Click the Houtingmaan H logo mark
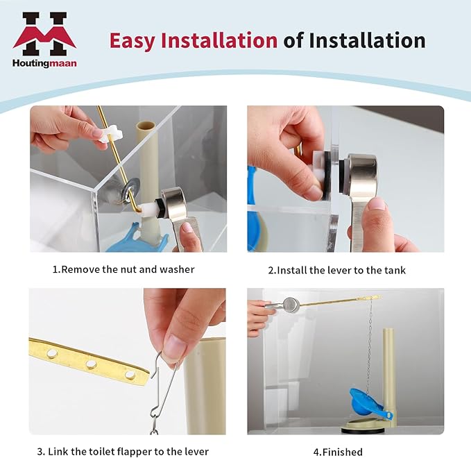coord(44,34)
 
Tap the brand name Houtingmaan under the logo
coord(44,63)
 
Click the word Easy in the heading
coord(132,40)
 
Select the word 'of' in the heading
coord(293,40)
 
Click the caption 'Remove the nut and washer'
coord(128,269)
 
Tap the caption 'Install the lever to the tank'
coord(341,270)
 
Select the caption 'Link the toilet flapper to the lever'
coord(128,451)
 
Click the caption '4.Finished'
coord(338,452)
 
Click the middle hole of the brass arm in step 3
coord(91,364)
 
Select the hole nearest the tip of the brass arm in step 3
coord(130,374)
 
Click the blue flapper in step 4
coord(367,402)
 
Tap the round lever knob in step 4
coord(290,304)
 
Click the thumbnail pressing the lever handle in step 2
coord(377,205)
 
